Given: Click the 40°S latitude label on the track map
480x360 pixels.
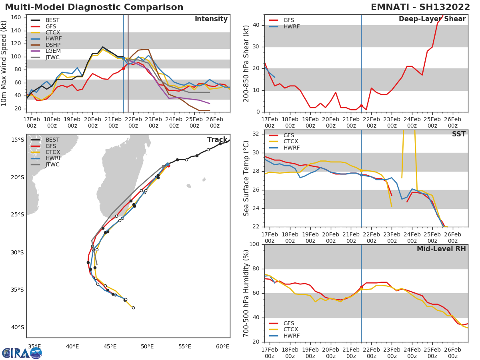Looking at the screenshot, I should pos(17,327).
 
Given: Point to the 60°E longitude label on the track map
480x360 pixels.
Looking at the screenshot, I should pos(222,346).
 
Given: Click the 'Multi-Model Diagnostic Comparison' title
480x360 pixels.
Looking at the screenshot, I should pos(94,7).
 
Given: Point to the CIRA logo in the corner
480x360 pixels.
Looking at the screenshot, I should pos(22,353).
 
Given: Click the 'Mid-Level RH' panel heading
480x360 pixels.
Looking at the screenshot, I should pos(441,249).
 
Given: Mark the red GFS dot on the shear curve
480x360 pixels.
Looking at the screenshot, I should pos(361,106).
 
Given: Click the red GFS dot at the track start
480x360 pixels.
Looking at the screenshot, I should pos(168,166).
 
